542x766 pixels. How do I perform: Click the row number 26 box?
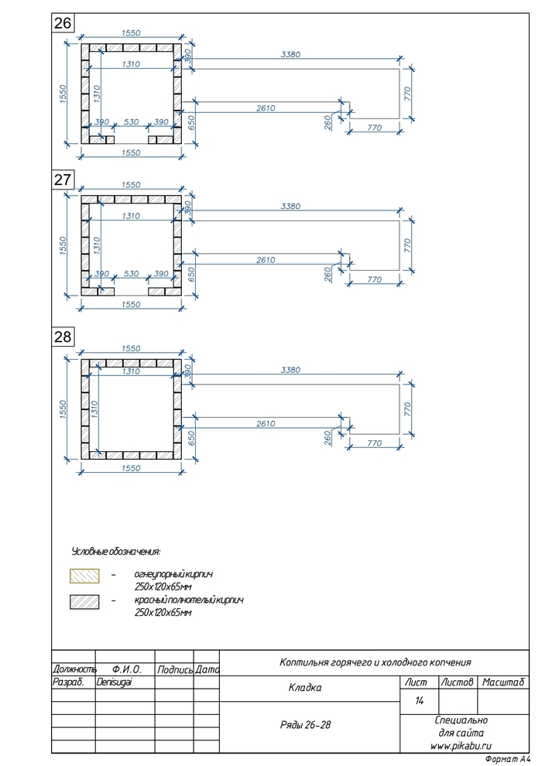63,24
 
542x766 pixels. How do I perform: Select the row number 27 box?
63,180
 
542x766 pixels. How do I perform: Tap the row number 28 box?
63,337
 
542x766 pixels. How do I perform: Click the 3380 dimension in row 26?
290,55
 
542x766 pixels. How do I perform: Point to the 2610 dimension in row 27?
265,260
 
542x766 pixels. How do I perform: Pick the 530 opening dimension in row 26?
131,122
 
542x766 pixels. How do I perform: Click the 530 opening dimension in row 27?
131,274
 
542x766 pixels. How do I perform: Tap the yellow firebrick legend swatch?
84,576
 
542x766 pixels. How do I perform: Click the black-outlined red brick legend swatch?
84,601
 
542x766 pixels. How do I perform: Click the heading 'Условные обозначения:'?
115,552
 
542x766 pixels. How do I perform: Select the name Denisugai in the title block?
115,683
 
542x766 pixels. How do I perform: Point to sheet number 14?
420,701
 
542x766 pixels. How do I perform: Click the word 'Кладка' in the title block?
304,687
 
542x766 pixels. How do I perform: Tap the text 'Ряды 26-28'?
305,725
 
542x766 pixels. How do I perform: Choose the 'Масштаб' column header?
503,682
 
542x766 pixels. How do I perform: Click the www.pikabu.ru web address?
461,745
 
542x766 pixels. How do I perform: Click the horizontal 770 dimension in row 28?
374,443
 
